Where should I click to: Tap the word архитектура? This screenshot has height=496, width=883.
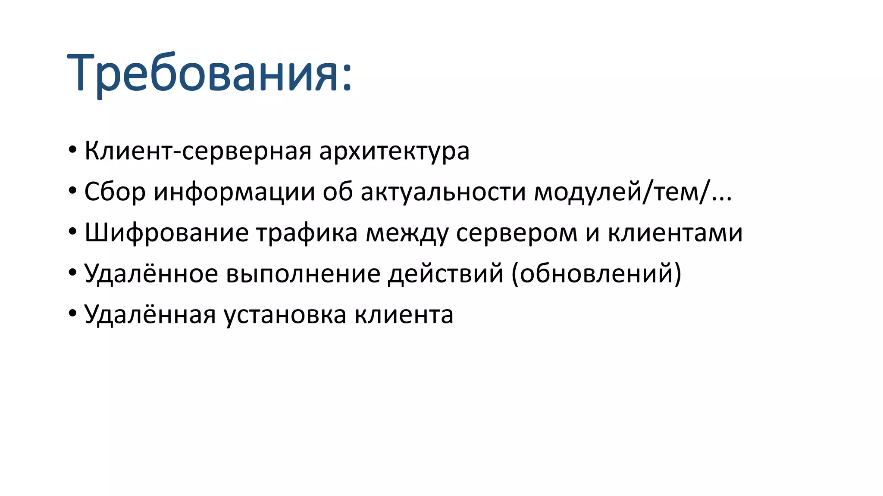(394, 151)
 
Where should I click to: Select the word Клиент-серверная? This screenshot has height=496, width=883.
(198, 151)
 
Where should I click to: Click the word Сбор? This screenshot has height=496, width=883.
(115, 192)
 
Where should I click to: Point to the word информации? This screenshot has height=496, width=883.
(234, 192)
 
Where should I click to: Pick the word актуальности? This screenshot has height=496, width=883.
(443, 192)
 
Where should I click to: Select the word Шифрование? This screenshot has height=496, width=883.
(166, 233)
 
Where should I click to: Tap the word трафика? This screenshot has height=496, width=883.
(307, 233)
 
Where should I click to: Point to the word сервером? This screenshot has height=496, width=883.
(517, 233)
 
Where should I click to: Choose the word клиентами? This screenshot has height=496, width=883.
(675, 233)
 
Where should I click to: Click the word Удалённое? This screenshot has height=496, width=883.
(151, 274)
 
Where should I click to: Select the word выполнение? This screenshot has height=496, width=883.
(303, 274)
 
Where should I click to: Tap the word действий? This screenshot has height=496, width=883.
(445, 274)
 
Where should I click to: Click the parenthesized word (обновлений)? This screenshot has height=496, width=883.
(596, 274)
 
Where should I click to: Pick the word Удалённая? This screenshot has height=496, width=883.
(150, 315)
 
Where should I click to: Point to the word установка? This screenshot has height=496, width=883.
(285, 315)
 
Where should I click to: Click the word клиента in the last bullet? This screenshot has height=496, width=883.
(404, 315)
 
